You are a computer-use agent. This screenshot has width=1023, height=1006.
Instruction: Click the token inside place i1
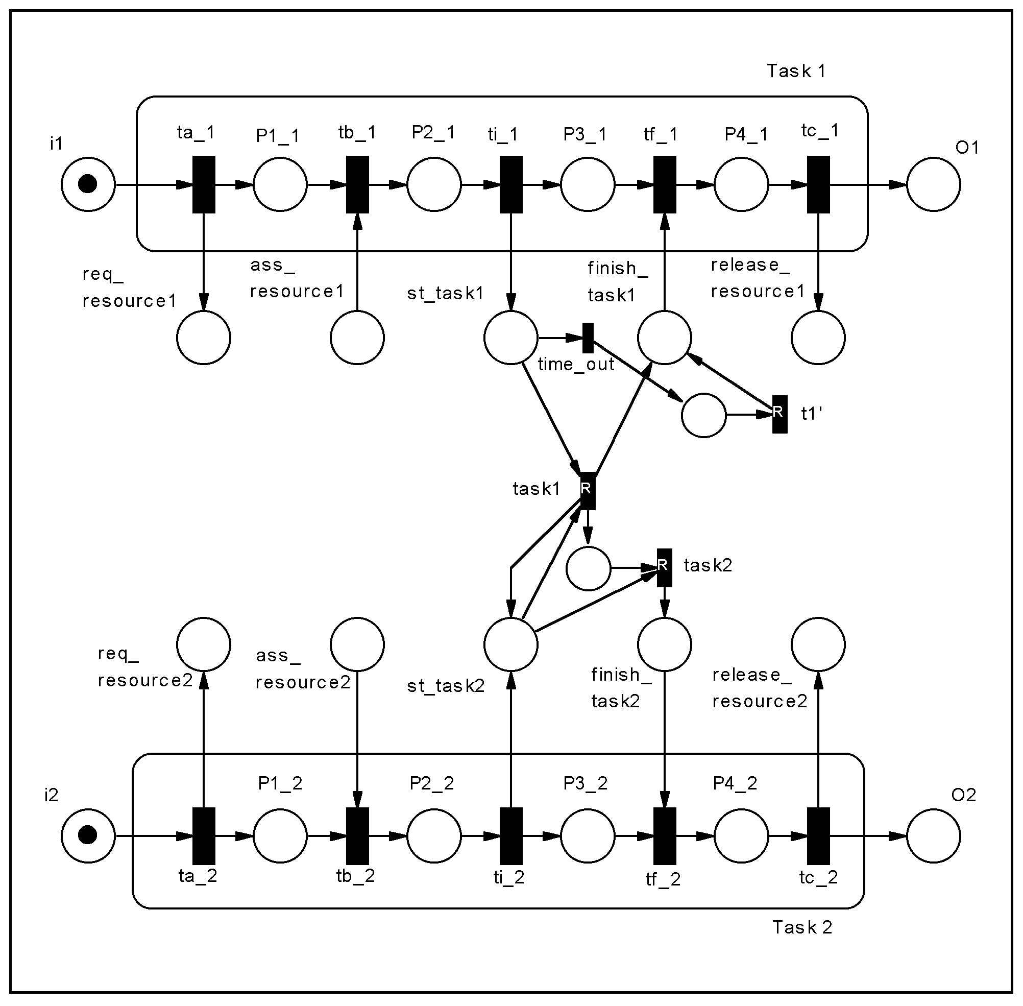[x=88, y=184]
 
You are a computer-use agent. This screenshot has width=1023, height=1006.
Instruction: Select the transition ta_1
[x=204, y=184]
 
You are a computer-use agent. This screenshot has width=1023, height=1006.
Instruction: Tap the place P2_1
[x=434, y=184]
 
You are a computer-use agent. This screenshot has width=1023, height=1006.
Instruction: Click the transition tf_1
[x=665, y=184]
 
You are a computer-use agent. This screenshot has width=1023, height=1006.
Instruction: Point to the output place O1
[x=934, y=184]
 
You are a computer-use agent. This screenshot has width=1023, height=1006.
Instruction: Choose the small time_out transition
[x=588, y=338]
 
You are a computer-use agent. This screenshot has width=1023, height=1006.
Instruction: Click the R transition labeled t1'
[x=780, y=414]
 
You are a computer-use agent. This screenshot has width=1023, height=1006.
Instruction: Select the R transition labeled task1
[x=588, y=491]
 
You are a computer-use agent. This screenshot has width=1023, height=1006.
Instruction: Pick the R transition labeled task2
[x=665, y=567]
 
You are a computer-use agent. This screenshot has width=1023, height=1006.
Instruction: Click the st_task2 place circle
[x=510, y=644]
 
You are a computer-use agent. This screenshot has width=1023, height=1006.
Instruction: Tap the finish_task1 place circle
[x=665, y=338]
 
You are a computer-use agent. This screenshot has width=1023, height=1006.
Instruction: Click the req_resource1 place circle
[x=204, y=338]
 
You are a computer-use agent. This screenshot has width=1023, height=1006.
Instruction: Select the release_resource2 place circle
[x=818, y=644]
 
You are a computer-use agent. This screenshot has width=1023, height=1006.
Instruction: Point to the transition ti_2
[x=511, y=836]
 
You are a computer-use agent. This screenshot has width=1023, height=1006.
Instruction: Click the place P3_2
[x=588, y=836]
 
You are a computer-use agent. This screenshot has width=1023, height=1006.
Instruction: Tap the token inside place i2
[x=88, y=836]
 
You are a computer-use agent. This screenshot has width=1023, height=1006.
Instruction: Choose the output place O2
[x=934, y=836]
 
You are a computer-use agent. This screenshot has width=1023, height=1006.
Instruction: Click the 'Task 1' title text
[x=796, y=71]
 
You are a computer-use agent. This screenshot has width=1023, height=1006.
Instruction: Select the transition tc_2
[x=819, y=836]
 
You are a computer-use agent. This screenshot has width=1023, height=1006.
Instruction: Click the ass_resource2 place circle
[x=357, y=644]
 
